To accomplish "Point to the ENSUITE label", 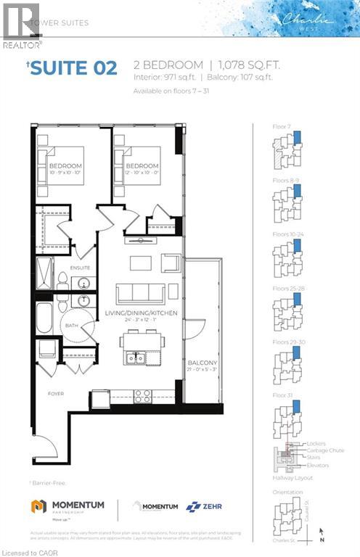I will pos(80,268).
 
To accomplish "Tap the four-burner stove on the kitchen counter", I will pos(142,396).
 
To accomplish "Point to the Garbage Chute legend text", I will pos(325,450).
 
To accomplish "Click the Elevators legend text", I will pos(318,465).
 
